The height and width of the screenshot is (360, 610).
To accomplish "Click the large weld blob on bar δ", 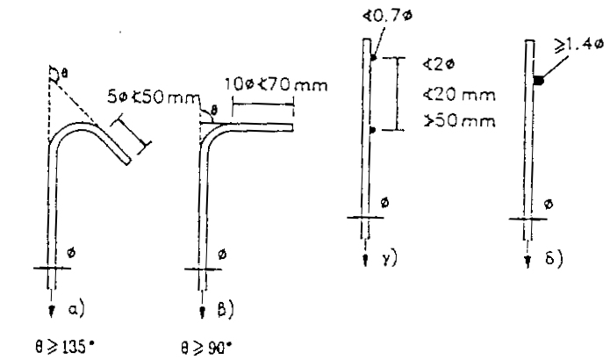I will point(538,81).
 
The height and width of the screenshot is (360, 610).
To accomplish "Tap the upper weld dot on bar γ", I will point(372,59).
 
